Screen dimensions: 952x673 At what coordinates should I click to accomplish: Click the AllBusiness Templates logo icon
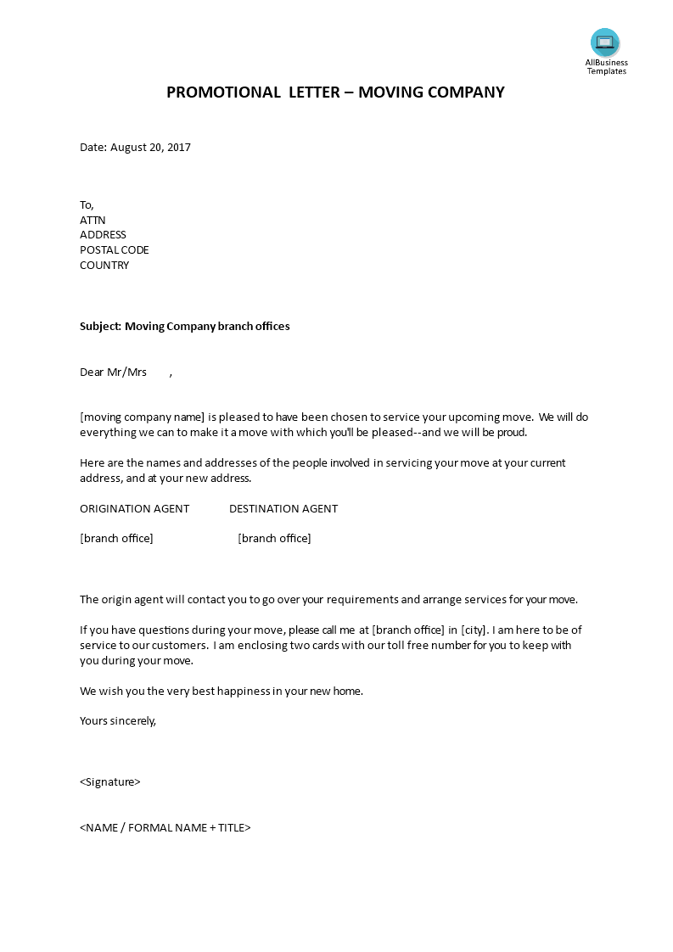pos(605,42)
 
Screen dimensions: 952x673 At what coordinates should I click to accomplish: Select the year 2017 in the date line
pos(179,148)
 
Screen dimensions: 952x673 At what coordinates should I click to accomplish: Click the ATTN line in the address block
pos(93,220)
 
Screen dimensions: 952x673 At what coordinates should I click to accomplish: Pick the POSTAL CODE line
pos(115,250)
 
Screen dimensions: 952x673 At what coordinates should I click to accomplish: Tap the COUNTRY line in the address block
pos(104,266)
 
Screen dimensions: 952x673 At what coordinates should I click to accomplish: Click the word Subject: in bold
pos(100,327)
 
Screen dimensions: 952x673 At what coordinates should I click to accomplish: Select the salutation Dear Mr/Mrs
pos(113,372)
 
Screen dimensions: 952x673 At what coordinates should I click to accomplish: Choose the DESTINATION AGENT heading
pos(283,509)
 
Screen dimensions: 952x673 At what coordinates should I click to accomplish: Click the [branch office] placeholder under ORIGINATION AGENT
pos(116,539)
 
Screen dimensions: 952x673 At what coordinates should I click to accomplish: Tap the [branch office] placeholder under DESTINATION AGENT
pos(274,539)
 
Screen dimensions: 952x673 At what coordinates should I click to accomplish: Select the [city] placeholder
pos(474,630)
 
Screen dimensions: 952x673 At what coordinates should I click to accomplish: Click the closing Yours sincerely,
pos(118,721)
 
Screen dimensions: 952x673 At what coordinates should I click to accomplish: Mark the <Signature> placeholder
pos(110,782)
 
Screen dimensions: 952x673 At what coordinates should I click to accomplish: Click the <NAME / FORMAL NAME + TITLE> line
pos(165,828)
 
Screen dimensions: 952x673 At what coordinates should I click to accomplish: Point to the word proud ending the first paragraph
pos(510,433)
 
